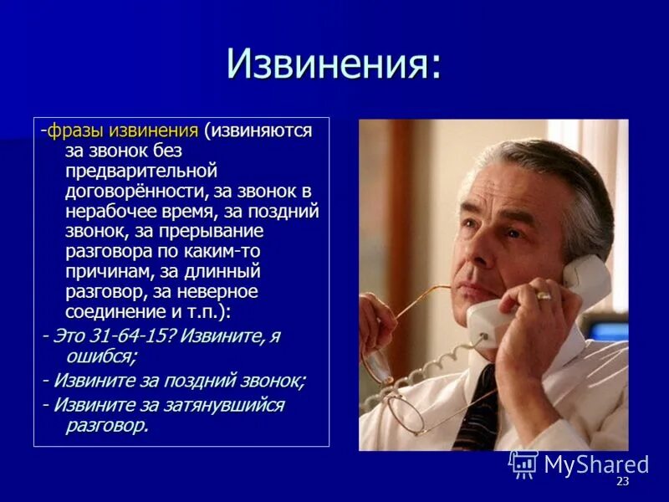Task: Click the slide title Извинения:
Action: point(334,64)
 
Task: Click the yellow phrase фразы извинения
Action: point(123,131)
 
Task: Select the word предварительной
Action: point(141,171)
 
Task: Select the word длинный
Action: point(221,271)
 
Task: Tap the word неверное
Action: point(217,291)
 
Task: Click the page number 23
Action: point(621,482)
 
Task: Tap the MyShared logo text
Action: point(595,464)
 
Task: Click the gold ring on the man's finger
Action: point(544,295)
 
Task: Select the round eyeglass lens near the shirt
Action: point(406,411)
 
